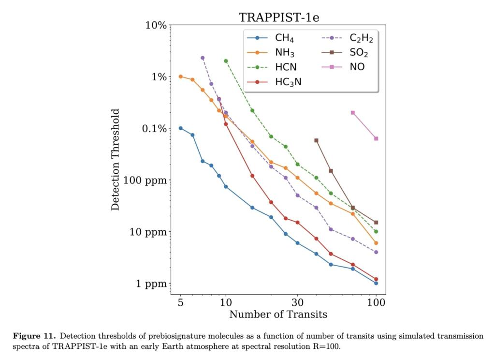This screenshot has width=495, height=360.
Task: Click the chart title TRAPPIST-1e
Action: point(279,18)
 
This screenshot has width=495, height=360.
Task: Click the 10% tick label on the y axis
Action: point(156,25)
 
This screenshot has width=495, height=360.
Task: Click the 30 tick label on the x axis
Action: point(297,302)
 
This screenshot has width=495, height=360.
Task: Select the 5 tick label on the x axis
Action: point(181,302)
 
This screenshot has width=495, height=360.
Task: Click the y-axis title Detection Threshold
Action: point(116,159)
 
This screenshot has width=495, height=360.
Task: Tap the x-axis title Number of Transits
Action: point(278,315)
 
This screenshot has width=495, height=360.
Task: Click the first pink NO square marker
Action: point(353,113)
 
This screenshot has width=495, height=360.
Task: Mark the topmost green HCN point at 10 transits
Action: point(226,61)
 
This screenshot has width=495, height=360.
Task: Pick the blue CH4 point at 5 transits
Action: point(181,128)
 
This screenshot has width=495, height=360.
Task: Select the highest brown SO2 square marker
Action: point(316,140)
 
